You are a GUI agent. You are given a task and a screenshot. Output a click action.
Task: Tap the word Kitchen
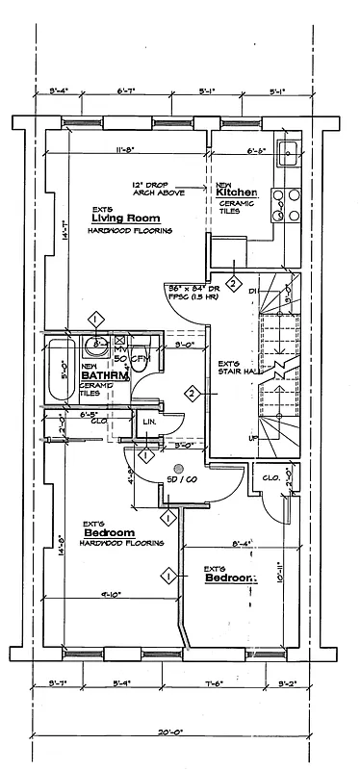pos(234,192)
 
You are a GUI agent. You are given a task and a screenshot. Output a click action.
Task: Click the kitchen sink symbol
pos(287,152)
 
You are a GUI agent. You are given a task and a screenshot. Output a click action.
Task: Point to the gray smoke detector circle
pos(178,469)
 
